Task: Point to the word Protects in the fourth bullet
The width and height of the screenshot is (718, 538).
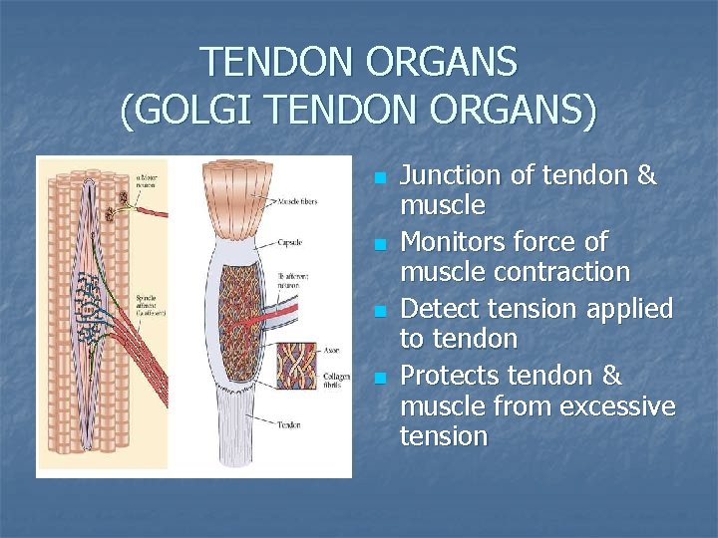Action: (x=449, y=376)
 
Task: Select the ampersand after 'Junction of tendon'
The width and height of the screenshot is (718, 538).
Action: (x=646, y=176)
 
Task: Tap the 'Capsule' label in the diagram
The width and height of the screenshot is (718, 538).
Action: (x=289, y=242)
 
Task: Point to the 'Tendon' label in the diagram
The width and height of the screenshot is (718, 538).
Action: (x=291, y=424)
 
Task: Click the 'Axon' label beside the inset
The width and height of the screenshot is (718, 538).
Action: (x=332, y=350)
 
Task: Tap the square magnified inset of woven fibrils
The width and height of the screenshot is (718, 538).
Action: (x=296, y=366)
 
